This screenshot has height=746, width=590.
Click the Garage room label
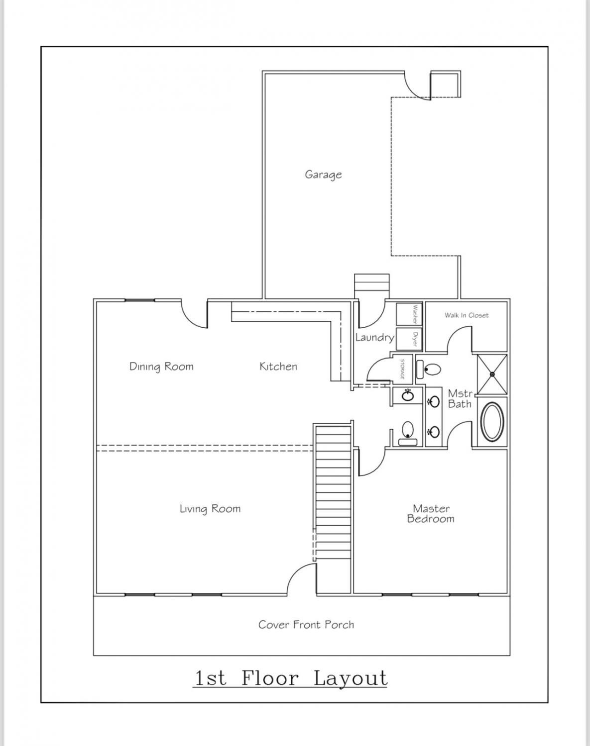[x=323, y=175]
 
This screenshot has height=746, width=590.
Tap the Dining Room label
[x=161, y=367]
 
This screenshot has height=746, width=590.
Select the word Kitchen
[x=278, y=367]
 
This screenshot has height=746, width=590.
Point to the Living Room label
[x=210, y=509]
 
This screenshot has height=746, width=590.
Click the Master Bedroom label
[x=431, y=513]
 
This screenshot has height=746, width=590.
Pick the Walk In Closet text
[x=467, y=315]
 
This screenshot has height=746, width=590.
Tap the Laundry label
[x=374, y=337]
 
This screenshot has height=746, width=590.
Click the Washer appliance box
[x=409, y=314]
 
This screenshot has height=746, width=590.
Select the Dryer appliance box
[x=409, y=339]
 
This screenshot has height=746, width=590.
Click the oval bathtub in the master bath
[x=492, y=422]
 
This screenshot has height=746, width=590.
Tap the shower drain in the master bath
[x=492, y=374]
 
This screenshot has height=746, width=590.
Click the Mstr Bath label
[x=460, y=399]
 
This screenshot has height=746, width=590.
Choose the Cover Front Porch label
[x=306, y=625]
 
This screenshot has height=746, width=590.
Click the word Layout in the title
[x=351, y=678]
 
